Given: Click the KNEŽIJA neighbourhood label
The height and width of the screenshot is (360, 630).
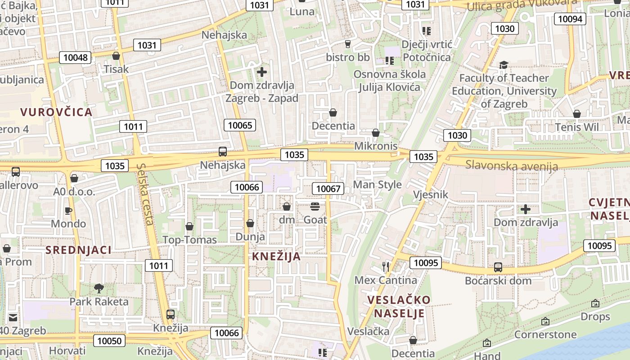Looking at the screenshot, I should click(276, 256).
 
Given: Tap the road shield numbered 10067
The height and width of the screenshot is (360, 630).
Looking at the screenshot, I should click(328, 189).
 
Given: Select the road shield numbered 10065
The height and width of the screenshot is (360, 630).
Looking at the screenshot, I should click(240, 125).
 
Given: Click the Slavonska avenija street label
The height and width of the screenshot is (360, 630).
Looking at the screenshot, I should click(512, 166).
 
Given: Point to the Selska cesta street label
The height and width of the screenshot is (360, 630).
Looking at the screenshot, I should click(145, 193).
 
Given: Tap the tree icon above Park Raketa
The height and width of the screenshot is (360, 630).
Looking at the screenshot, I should click(99, 288).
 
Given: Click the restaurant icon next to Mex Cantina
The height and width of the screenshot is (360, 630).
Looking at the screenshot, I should click(385, 266).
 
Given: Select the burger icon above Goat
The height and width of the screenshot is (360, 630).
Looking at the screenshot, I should click(315, 207).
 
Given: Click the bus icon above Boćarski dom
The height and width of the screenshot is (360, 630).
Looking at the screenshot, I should click(498, 267).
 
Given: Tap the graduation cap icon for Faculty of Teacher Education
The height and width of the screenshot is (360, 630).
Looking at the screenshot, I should click(504, 65).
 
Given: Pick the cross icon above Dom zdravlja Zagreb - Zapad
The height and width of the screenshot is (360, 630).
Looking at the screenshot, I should click(261, 72).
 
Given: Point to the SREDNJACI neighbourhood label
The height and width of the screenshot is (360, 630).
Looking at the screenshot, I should click(78, 250).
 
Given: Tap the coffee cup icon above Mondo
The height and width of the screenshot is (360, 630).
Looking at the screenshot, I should click(68, 210).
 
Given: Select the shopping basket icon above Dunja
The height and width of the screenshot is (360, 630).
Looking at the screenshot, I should click(250, 223).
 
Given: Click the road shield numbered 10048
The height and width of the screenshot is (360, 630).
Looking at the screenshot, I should click(76, 58).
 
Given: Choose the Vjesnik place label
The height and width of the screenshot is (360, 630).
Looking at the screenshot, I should click(431, 194).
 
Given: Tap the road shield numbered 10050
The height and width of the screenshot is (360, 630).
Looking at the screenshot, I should click(109, 341).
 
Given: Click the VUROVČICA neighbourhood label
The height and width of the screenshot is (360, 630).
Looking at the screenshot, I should click(56, 112).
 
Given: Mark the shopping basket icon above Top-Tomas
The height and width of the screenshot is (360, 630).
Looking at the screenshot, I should click(189, 226).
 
